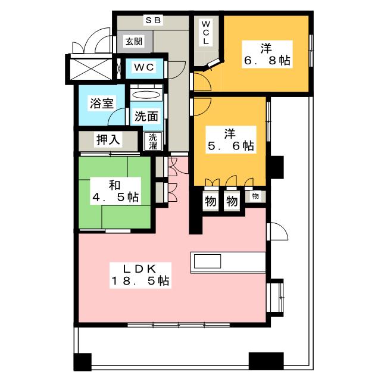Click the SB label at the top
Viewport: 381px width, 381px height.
[153, 19]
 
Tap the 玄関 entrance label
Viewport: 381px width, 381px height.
[133, 41]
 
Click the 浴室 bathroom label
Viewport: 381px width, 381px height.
[98, 102]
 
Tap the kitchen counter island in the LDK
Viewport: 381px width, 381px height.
[226, 263]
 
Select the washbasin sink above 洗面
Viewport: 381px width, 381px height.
[146, 94]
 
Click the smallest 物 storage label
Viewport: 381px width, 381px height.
[255, 196]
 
